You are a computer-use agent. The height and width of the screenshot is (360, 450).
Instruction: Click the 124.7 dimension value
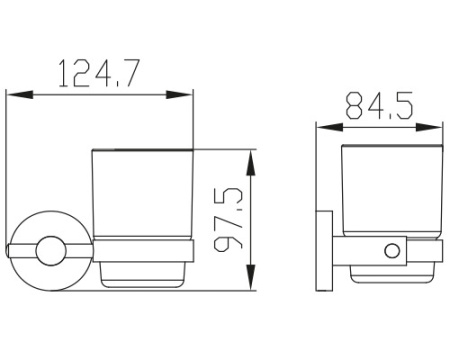[x=98, y=74]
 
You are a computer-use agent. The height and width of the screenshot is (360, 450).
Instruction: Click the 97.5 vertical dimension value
[x=228, y=219]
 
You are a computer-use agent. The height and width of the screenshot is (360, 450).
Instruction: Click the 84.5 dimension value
[x=379, y=106]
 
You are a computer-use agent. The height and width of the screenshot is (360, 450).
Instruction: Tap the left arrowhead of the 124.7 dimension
[x=20, y=94]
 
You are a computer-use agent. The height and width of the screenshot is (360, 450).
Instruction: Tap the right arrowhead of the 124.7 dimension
[x=179, y=94]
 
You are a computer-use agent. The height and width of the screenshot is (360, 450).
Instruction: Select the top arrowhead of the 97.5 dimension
[x=251, y=163]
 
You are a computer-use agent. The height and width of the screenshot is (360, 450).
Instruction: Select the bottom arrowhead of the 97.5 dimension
[x=251, y=277]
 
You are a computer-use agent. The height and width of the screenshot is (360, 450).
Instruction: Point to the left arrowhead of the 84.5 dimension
[x=329, y=127]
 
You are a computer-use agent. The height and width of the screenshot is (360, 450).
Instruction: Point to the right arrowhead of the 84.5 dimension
[x=429, y=127]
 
